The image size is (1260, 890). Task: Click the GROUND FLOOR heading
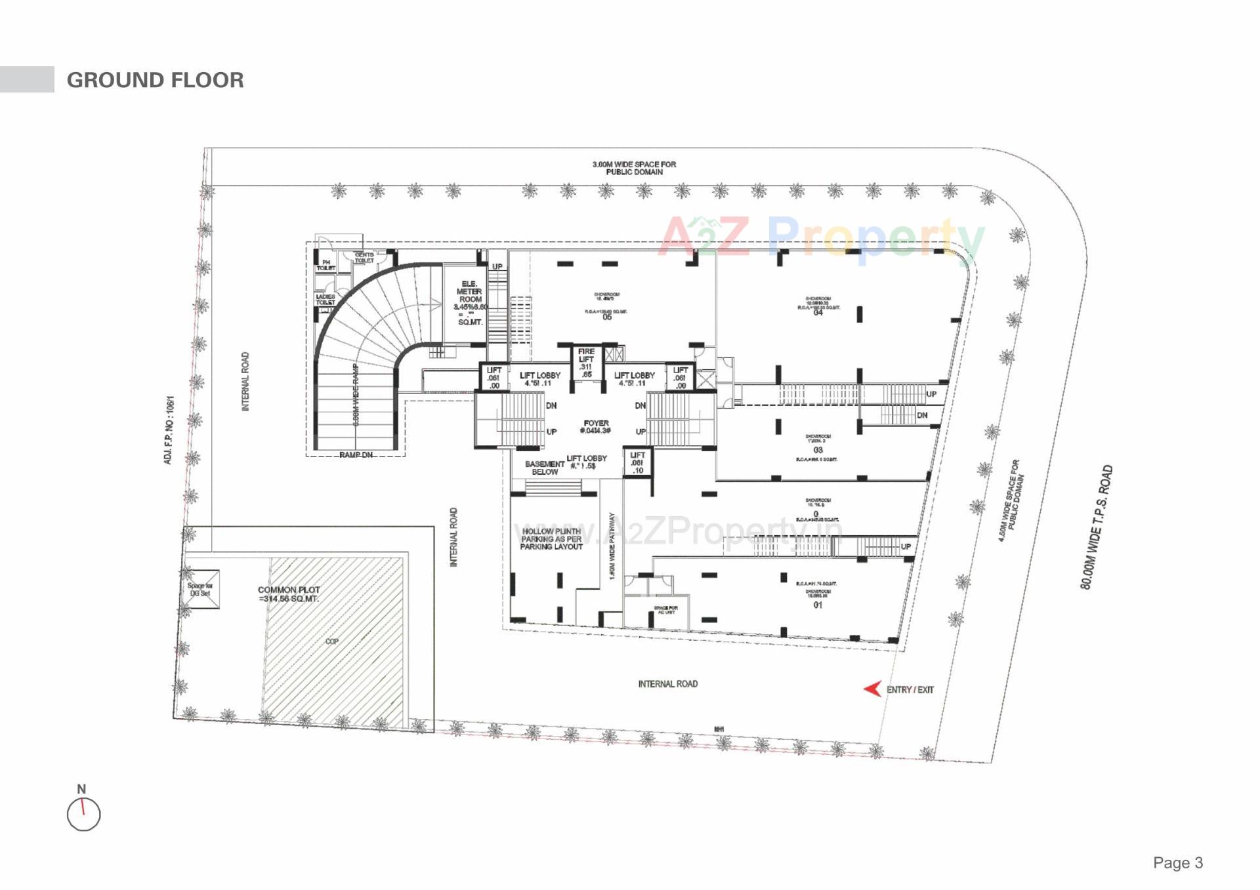click(x=155, y=80)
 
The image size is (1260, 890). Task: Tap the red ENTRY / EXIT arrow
click(x=872, y=689)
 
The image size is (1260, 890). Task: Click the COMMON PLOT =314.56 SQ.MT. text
click(x=289, y=594)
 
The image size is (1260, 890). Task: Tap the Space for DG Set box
click(x=200, y=589)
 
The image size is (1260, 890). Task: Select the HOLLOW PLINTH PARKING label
click(x=551, y=539)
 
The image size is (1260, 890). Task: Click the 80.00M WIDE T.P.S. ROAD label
click(x=1097, y=527)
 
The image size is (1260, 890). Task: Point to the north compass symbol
click(x=83, y=814)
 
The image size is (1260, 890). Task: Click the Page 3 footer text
click(x=1178, y=862)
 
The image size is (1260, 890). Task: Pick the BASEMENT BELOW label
click(x=545, y=468)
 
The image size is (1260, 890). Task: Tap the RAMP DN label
click(x=356, y=455)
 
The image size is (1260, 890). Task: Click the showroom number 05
click(x=607, y=317)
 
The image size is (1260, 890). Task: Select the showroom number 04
click(x=818, y=313)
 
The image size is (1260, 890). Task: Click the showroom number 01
click(x=818, y=605)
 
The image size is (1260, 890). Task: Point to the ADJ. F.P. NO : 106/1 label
click(x=169, y=430)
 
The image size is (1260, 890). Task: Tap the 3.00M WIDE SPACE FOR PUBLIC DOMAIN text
click(x=634, y=168)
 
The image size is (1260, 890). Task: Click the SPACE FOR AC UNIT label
click(x=665, y=610)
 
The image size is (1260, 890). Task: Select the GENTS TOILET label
click(x=364, y=258)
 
